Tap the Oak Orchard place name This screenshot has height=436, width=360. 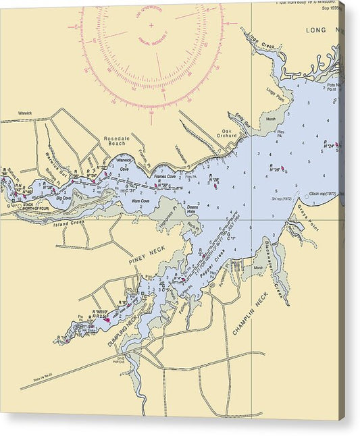click(227, 134)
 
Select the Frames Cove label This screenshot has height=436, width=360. click(165, 176)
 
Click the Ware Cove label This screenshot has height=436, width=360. click(140, 200)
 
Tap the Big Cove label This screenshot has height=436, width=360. click(63, 198)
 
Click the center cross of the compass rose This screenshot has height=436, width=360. click(151, 26)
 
